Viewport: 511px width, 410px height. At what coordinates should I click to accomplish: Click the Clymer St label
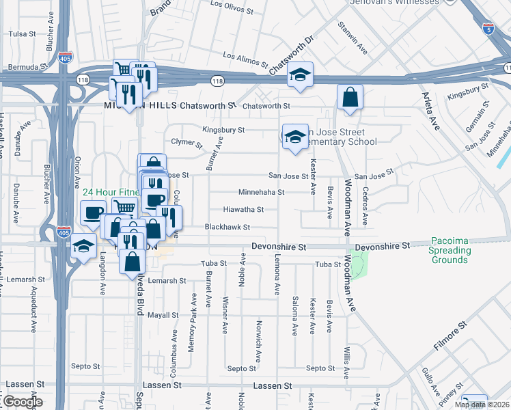(187, 142)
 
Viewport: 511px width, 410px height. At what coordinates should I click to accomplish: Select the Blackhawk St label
(228, 227)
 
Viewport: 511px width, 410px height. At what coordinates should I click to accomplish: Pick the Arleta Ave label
(430, 111)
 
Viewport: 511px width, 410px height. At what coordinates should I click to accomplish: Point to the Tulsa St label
(22, 33)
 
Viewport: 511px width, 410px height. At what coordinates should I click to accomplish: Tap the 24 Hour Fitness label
(109, 193)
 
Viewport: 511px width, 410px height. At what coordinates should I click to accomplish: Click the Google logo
(22, 401)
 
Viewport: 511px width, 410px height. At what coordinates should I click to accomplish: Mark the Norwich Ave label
(258, 337)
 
